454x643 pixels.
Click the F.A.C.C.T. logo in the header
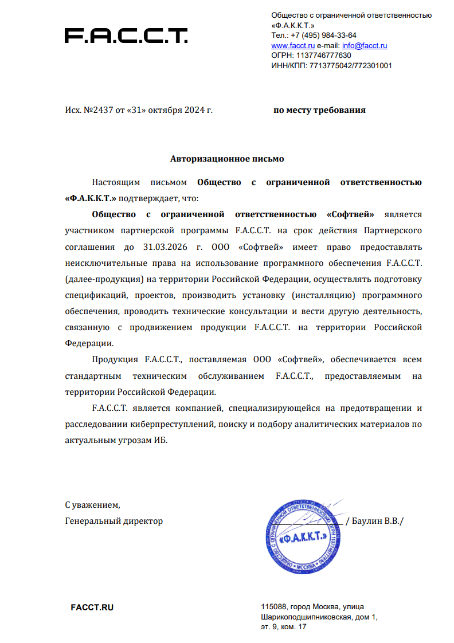(126, 36)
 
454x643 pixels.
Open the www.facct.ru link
(293, 45)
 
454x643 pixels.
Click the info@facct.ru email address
(365, 45)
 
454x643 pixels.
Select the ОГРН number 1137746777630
(323, 56)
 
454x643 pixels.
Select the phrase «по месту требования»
(319, 109)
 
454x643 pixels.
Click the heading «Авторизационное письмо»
(227, 158)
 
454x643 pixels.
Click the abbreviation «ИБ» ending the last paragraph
(163, 441)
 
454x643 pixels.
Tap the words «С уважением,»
(92, 505)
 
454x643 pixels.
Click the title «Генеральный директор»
(114, 521)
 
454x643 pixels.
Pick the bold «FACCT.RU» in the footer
(92, 607)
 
